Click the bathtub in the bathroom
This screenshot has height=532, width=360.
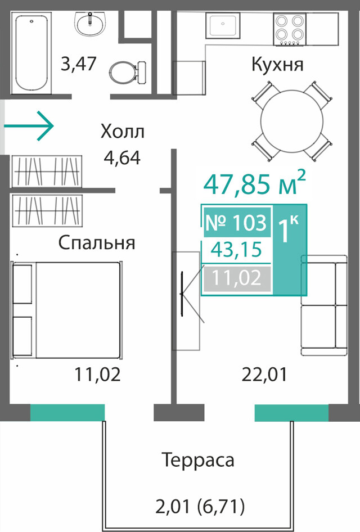(31, 53)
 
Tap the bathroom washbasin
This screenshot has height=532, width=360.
(90, 24)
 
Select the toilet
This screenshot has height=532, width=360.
(128, 72)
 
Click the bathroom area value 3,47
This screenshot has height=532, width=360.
(78, 64)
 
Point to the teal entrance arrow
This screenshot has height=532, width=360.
(29, 126)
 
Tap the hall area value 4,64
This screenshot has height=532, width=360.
(122, 157)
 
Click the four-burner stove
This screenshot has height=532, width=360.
(290, 29)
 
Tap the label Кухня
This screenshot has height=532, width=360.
(277, 64)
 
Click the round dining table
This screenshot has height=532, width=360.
(292, 120)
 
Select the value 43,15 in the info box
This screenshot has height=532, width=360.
(236, 250)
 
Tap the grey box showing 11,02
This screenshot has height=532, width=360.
(237, 278)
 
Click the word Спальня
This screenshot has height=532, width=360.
(97, 244)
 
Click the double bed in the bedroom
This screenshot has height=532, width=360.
(66, 309)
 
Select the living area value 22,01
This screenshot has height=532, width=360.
(264, 375)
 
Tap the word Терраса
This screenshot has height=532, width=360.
(198, 461)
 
